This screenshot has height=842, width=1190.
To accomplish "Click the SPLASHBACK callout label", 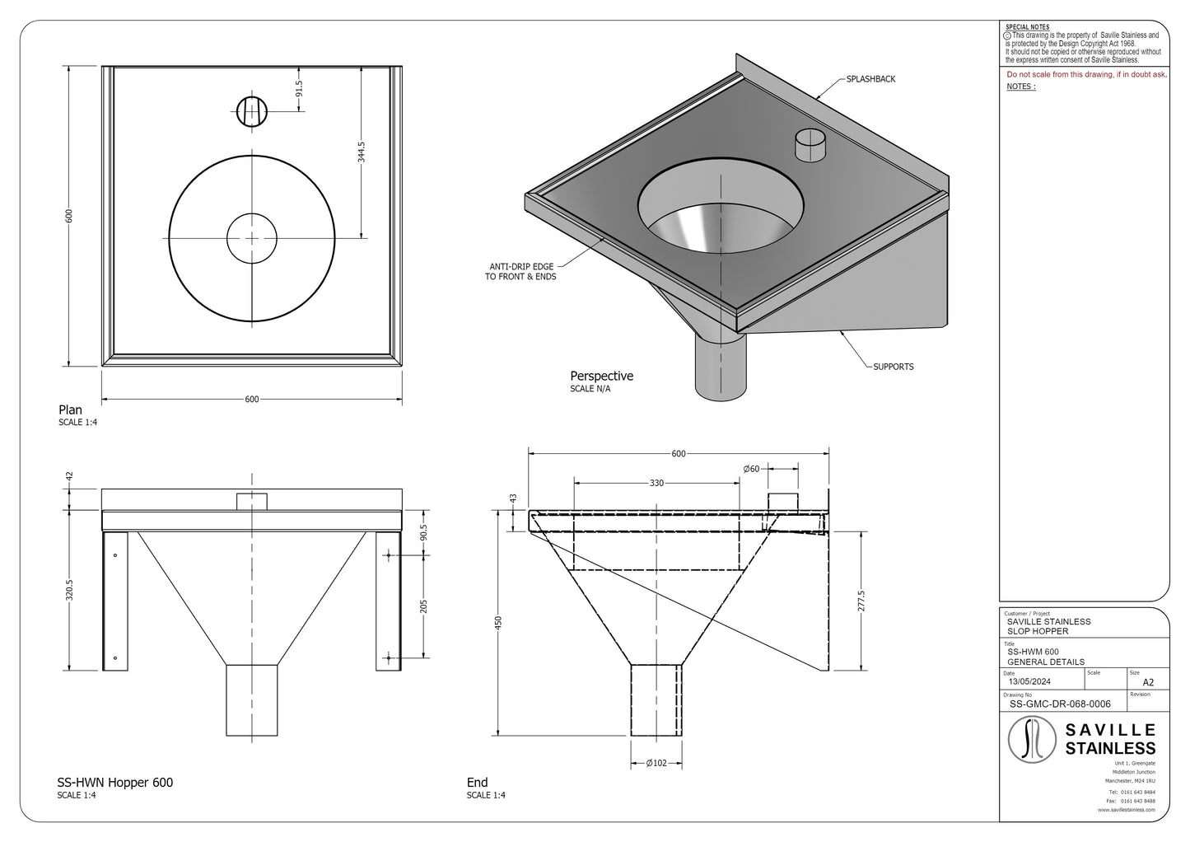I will (870, 80).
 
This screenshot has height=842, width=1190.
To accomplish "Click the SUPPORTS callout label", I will (893, 367).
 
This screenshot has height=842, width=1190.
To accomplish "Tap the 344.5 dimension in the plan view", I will (361, 152).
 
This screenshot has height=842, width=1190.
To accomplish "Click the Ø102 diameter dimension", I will (656, 763).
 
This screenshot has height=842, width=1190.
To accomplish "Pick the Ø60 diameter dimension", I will (751, 469).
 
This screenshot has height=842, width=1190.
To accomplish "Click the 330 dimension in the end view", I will (656, 484).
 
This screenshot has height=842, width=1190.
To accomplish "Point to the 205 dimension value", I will (423, 608).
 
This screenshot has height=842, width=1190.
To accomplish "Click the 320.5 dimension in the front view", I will (69, 591).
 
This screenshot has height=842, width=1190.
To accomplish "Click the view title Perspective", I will (601, 377).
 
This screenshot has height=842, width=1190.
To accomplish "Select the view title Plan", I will (70, 410).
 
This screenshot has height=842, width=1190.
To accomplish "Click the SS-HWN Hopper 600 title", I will (114, 783).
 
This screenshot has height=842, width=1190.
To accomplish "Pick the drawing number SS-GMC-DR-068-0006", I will (1059, 704).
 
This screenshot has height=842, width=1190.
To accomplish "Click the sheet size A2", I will (1148, 682).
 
